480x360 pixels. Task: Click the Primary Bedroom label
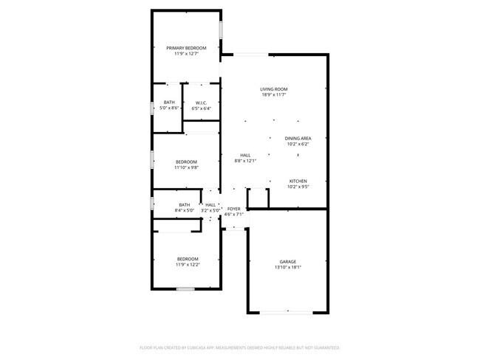pos(186,47)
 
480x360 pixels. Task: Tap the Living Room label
pos(273,89)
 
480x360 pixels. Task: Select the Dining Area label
pos(298,138)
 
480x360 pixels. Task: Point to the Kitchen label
pos(298,181)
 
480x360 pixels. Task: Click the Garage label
pos(287,262)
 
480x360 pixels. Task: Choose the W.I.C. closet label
pos(201,103)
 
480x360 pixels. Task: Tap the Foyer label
pos(234,210)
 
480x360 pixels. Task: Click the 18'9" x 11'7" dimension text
pos(273,95)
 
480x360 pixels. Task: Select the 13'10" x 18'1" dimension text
pos(287,268)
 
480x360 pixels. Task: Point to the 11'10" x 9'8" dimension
pos(186,167)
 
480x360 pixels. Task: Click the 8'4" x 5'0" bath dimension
pos(184,211)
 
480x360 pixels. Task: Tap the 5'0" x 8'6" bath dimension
pos(170,108)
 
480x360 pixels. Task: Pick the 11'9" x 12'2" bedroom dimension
pos(188,264)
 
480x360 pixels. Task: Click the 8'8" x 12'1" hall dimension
pos(244,161)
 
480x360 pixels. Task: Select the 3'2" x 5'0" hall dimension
pos(210,211)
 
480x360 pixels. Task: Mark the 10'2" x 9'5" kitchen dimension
pos(298,187)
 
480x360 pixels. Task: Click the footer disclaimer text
pos(240,347)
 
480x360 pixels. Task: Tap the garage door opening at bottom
pos(287,313)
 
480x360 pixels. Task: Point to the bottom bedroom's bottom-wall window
pos(185,288)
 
